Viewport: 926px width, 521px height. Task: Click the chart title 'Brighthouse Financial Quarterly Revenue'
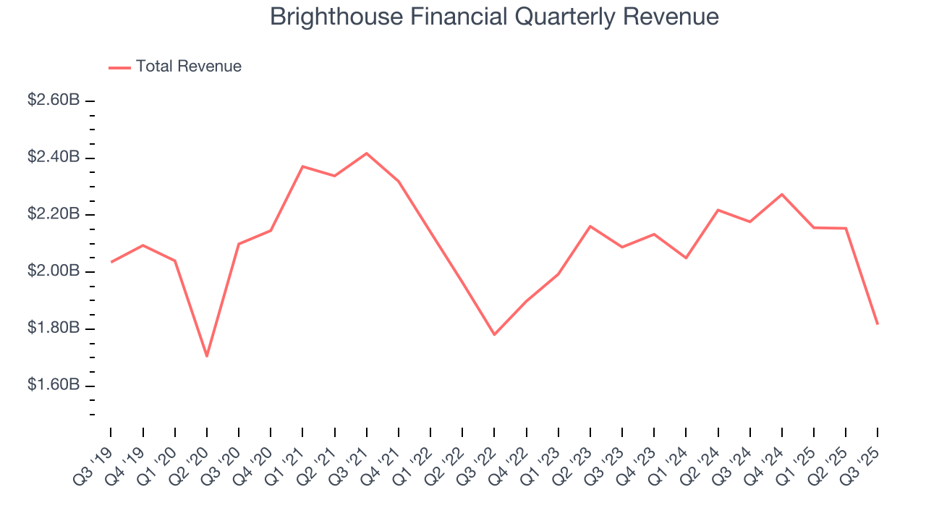[494, 17]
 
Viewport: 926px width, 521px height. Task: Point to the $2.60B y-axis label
[53, 101]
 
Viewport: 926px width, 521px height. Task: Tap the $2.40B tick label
[53, 158]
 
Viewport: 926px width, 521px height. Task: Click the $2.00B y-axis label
[53, 271]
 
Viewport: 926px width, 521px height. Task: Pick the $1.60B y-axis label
[53, 385]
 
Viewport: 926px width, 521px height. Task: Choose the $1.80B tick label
[53, 329]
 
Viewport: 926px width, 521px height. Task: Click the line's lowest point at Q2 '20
[207, 356]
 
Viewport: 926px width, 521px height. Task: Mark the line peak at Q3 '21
[367, 153]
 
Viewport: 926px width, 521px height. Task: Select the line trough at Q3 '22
[494, 334]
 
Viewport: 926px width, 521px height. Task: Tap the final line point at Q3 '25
[878, 323]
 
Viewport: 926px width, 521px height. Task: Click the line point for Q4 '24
[782, 194]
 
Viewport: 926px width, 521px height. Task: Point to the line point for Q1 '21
[302, 166]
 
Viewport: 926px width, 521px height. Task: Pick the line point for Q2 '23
[590, 226]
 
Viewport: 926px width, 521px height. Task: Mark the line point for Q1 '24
[686, 258]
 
